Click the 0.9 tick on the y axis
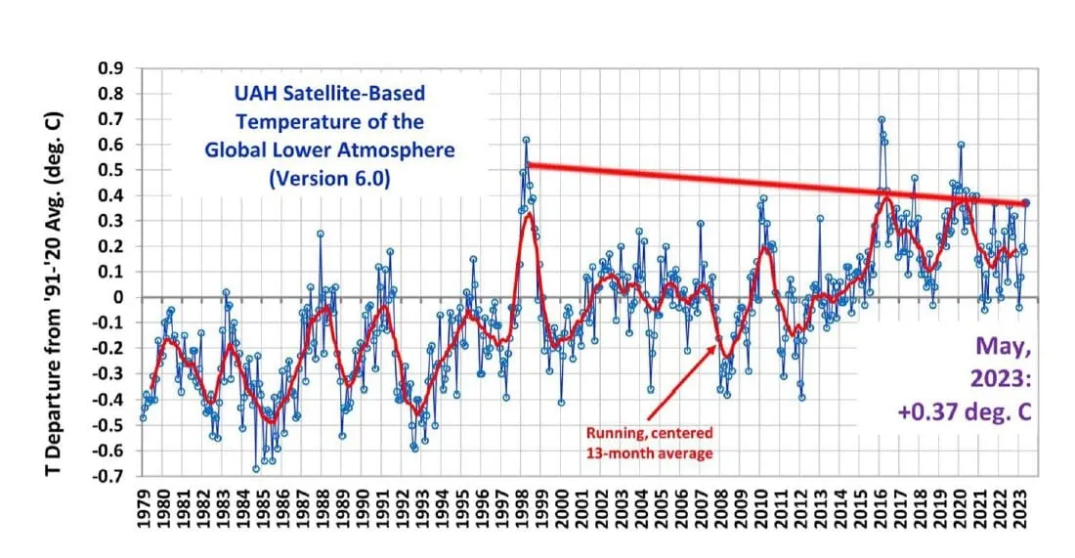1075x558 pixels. (109, 68)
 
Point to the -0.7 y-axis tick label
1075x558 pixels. (107, 476)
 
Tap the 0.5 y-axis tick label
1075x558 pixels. (109, 170)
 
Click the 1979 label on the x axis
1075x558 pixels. (144, 510)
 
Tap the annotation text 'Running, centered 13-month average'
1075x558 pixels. (649, 441)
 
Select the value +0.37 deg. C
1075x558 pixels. (965, 411)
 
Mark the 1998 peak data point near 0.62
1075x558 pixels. (526, 140)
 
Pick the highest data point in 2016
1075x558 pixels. (881, 119)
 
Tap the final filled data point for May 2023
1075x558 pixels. (1025, 202)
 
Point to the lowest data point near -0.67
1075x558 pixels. (256, 469)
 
